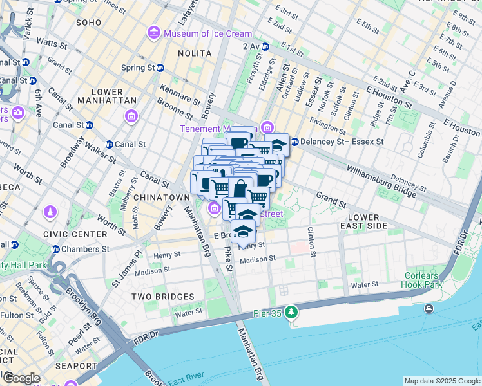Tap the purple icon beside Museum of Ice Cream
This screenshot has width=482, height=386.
point(154,33)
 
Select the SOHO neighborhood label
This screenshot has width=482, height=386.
point(88,23)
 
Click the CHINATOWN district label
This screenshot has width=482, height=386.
point(162,197)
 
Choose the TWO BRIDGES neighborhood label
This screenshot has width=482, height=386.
point(162,297)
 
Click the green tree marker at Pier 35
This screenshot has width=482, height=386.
point(292,312)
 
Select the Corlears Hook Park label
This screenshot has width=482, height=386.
point(422,280)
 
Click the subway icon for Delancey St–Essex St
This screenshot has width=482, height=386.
point(294,142)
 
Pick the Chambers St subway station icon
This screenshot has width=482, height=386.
point(56,249)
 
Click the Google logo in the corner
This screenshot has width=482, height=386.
point(21,378)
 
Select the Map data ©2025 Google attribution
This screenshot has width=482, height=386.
point(441,381)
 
